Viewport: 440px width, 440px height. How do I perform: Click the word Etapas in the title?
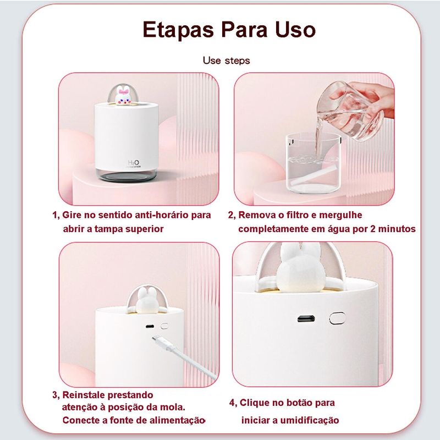pyautogui.click(x=178, y=30)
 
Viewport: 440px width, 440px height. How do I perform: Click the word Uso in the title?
pyautogui.click(x=295, y=30)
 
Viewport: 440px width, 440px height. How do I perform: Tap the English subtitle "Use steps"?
pyautogui.click(x=226, y=61)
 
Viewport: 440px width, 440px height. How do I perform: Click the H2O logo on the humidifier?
pyautogui.click(x=133, y=163)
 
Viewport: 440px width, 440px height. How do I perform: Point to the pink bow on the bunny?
pyautogui.click(x=124, y=91)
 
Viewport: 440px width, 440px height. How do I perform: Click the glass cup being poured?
pyautogui.click(x=350, y=112)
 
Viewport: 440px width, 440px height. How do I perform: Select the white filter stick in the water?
pyautogui.click(x=313, y=175)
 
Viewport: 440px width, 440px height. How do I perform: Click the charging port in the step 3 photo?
pyautogui.click(x=150, y=326)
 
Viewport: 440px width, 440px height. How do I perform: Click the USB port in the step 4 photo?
pyautogui.click(x=306, y=318)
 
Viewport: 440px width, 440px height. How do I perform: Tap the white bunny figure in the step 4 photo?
pyautogui.click(x=300, y=268)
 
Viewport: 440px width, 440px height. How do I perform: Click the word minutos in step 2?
pyautogui.click(x=397, y=229)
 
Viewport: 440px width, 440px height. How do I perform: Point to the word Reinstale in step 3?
pyautogui.click(x=84, y=395)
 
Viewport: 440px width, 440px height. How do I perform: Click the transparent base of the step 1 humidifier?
pyautogui.click(x=127, y=175)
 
